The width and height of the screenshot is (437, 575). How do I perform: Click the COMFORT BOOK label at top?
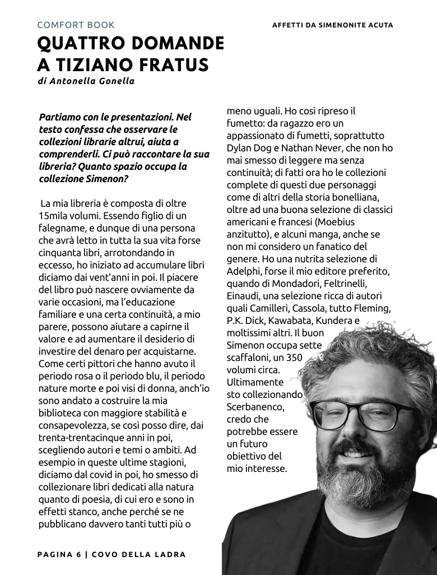pyautogui.click(x=76, y=25)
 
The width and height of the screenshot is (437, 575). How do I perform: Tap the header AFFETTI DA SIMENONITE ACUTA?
pyautogui.click(x=332, y=25)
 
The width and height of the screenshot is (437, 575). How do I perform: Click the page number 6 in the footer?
pyautogui.click(x=78, y=554)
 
